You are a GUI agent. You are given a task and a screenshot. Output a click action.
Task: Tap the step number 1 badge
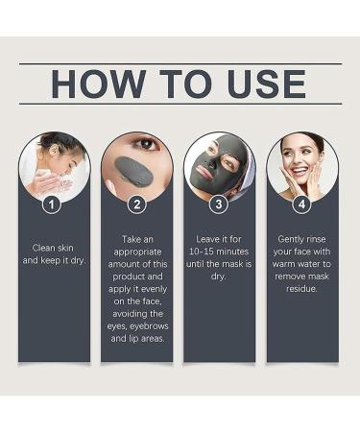tap(54, 204)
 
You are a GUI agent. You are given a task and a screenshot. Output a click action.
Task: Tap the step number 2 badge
tap(136, 204)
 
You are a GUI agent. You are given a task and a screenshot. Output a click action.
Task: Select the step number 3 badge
tap(220, 204)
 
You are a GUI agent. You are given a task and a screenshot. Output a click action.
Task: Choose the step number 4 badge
tap(302, 204)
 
